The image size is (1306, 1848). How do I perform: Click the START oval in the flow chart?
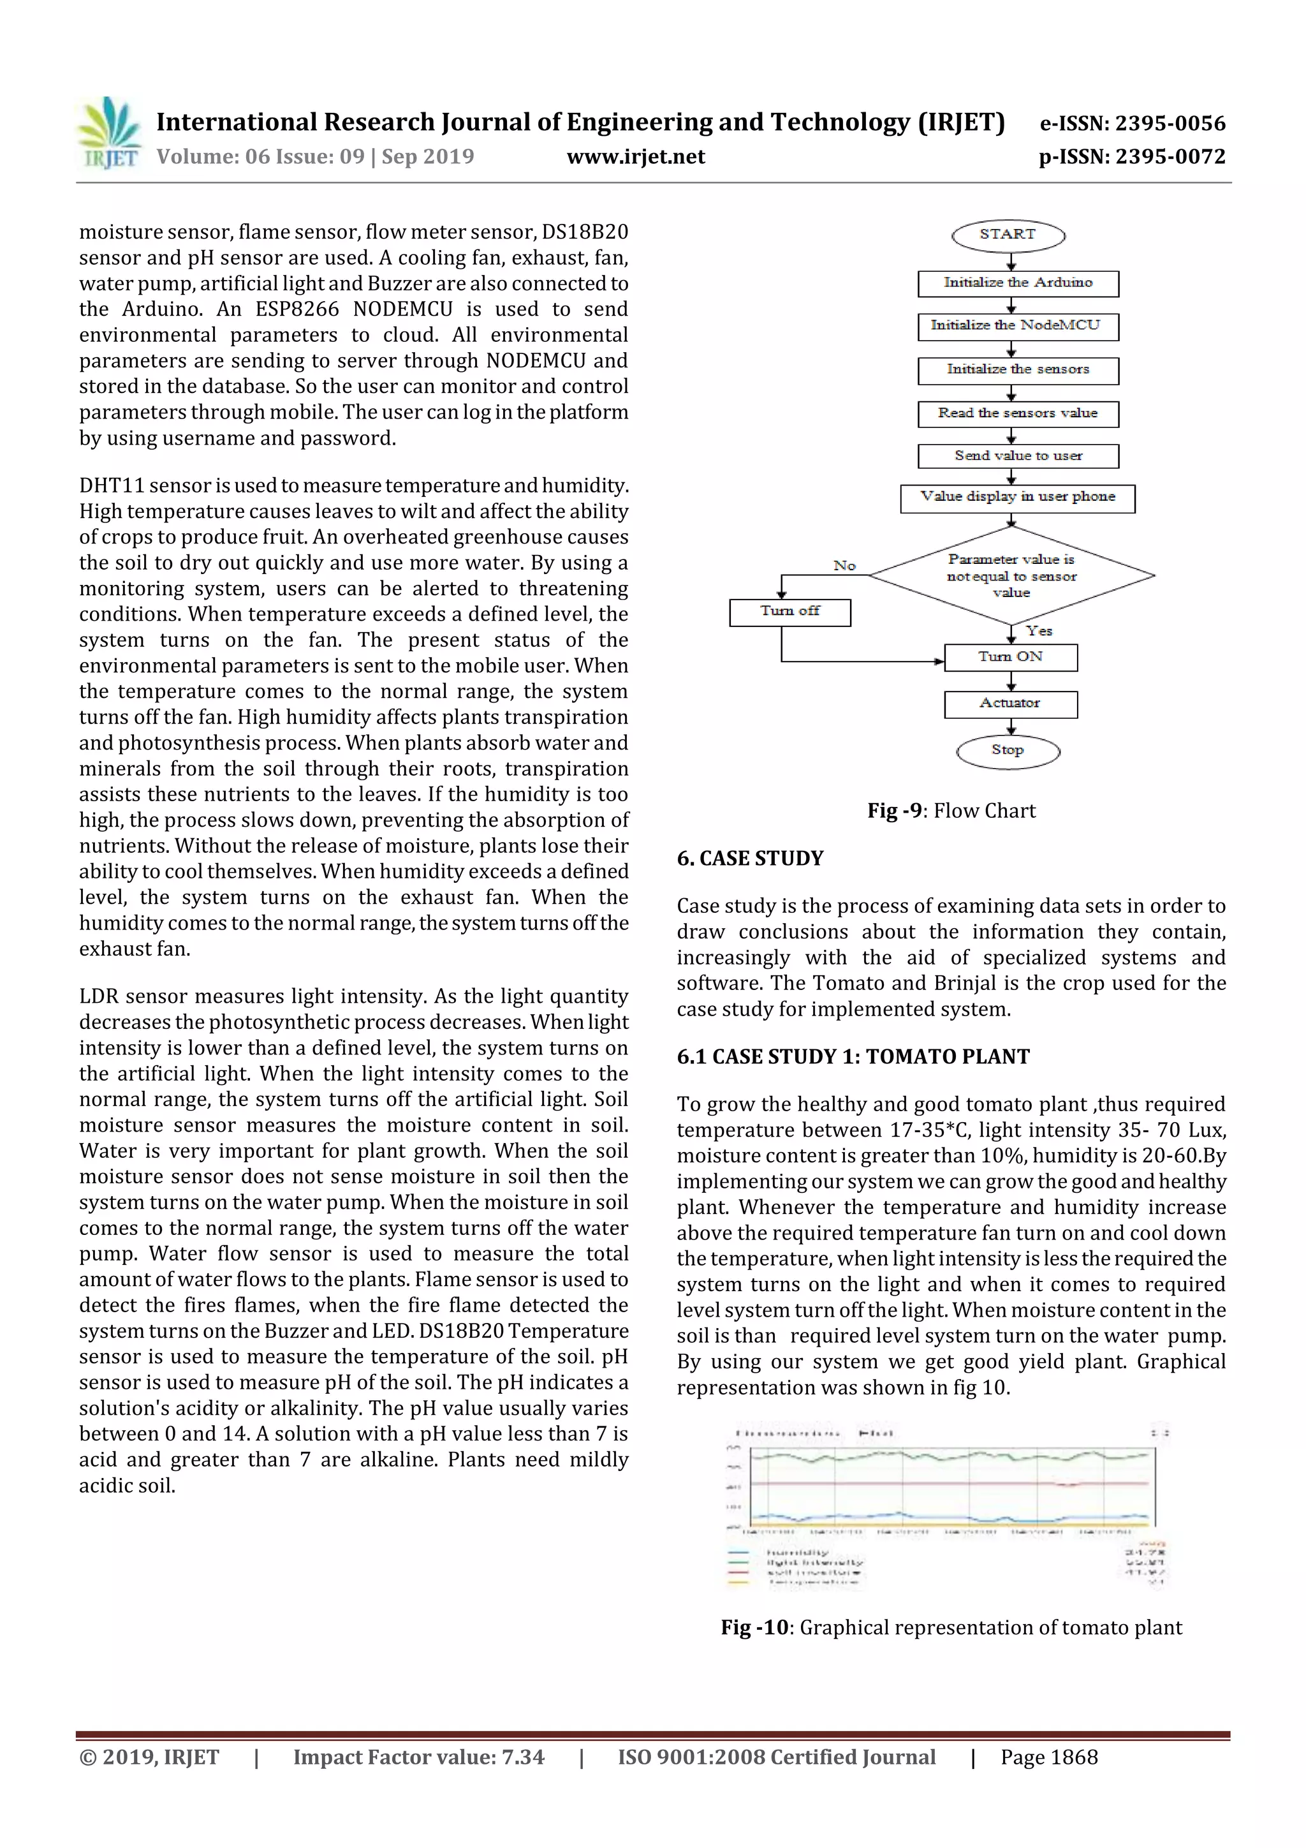pos(1008,235)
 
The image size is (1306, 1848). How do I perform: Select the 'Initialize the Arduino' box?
pos(1018,283)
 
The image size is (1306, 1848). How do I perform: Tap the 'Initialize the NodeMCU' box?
pos(1018,326)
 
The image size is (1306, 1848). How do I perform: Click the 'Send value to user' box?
pos(1018,455)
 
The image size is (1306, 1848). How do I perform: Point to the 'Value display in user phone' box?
pos(1018,498)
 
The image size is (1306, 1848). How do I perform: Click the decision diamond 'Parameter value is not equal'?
pos(1011,575)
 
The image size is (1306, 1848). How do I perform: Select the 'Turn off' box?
pos(789,612)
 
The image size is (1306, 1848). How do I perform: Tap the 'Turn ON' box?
pos(1011,657)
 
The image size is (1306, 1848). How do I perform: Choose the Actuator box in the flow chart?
pos(1011,704)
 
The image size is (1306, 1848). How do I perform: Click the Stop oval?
pos(1008,750)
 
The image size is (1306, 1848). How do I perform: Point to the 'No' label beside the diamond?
pos(844,566)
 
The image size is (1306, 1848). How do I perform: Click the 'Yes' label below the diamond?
pos(1039,631)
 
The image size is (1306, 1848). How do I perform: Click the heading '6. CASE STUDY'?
pos(750,858)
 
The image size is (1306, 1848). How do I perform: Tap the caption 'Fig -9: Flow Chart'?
pos(951,811)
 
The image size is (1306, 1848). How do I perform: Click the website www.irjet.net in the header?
pos(636,157)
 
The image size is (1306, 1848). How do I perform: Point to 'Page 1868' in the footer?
pos(1048,1757)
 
